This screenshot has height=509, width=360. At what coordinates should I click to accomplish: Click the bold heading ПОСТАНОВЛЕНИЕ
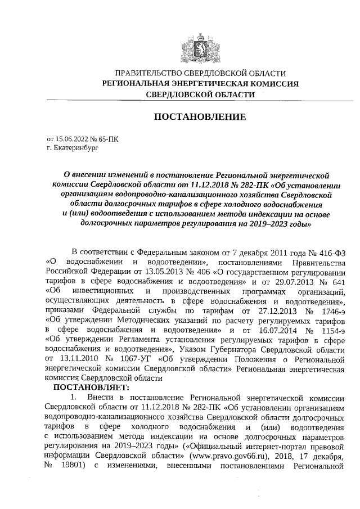(200, 117)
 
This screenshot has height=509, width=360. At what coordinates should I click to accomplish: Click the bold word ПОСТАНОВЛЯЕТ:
(91, 388)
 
